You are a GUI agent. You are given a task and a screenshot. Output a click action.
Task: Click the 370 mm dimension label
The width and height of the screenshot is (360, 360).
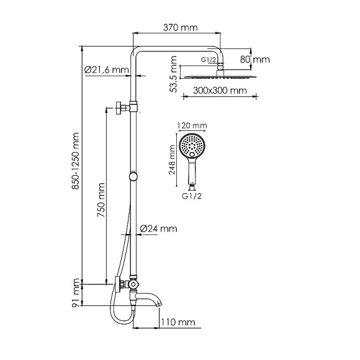tap(181, 27)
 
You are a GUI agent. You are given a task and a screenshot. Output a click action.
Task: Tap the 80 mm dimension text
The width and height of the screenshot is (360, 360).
tap(260, 60)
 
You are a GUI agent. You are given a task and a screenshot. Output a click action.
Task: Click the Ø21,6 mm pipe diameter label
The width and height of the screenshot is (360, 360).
tap(106, 70)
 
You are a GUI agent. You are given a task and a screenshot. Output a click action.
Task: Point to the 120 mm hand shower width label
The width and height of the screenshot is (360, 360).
tap(192, 126)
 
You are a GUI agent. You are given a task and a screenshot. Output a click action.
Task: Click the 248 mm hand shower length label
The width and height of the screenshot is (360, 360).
tap(173, 161)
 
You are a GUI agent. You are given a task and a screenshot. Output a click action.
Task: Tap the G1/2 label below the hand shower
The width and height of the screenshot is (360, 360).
tap(192, 197)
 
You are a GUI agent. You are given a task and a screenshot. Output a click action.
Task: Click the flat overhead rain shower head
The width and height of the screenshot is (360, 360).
tap(219, 77)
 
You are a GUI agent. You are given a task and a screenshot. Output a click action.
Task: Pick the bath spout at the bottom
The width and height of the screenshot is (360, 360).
tap(152, 302)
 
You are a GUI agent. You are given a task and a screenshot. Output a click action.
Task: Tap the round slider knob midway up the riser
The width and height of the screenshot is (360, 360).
tap(133, 177)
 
